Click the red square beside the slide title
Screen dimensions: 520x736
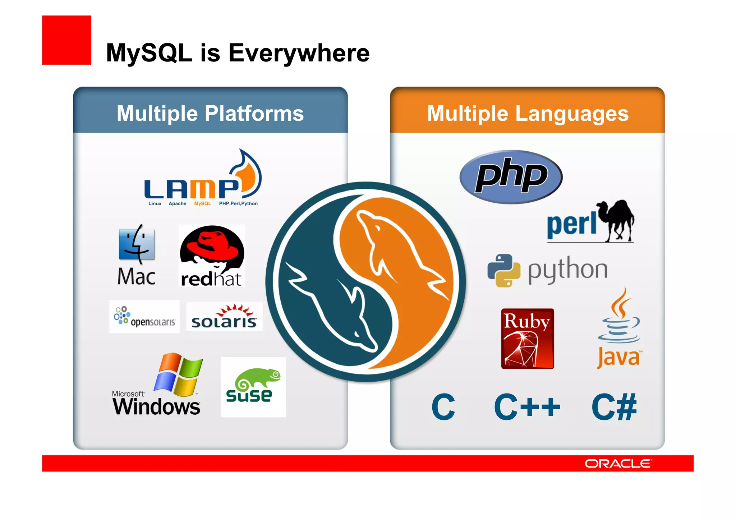pyautogui.click(x=66, y=40)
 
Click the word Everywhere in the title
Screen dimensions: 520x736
pyautogui.click(x=299, y=53)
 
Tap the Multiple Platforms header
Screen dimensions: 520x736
pyautogui.click(x=210, y=113)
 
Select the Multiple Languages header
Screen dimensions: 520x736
pyautogui.click(x=528, y=113)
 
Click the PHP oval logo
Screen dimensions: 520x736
pyautogui.click(x=511, y=176)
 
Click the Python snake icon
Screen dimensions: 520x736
pyautogui.click(x=503, y=270)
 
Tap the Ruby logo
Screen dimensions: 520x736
pyautogui.click(x=527, y=339)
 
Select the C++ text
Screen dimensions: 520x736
pyautogui.click(x=527, y=407)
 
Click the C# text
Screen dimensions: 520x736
pyautogui.click(x=614, y=407)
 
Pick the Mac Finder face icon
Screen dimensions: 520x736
pyautogui.click(x=137, y=244)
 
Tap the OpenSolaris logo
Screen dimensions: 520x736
pyautogui.click(x=144, y=317)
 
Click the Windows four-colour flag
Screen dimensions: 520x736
pyautogui.click(x=178, y=374)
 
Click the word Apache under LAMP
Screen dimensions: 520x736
pyautogui.click(x=177, y=203)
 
